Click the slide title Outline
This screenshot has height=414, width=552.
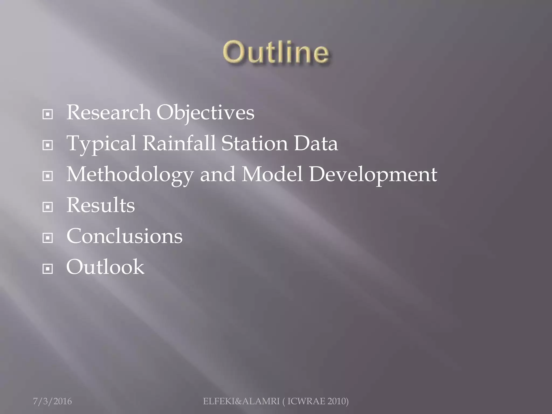tap(276, 52)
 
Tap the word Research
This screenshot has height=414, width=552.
tap(108, 112)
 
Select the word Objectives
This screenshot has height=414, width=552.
tap(205, 113)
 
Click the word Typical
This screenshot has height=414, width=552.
tap(101, 144)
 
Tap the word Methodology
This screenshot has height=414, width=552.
tap(130, 174)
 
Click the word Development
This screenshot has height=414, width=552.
tap(373, 174)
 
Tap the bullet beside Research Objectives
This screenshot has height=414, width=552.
tap(48, 115)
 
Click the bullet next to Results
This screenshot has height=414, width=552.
tap(48, 207)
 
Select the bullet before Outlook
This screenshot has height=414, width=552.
tap(48, 269)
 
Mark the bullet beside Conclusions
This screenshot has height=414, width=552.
tap(48, 238)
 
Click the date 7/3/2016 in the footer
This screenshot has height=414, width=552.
tap(52, 401)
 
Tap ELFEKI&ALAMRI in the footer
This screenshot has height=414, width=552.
tap(241, 401)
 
